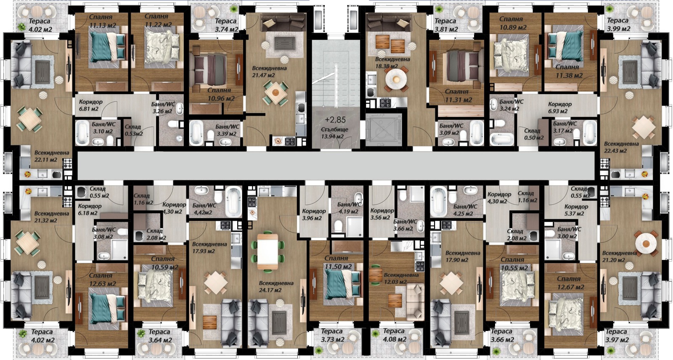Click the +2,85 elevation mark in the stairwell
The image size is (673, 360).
pos(335,120)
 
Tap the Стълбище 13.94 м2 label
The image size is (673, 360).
pos(332,133)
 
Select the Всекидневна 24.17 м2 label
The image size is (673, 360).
pos(276,286)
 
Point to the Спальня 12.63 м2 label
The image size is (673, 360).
pos(101,280)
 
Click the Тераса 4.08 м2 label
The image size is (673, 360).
pos(394,335)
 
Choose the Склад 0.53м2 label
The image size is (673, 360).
pos(133,130)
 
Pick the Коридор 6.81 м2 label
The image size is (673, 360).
pos(90,105)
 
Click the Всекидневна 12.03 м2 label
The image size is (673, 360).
pos(401,278)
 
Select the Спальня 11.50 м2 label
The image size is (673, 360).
pos(336,262)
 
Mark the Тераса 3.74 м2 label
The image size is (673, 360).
pos(226,25)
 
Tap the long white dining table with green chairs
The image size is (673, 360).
pos(268,251)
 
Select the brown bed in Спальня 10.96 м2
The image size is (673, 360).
pos(211,68)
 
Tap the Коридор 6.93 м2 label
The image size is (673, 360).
pos(559,108)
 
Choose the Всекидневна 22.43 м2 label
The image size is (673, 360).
pos(621,147)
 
